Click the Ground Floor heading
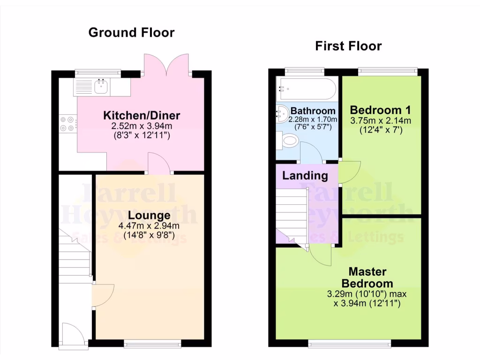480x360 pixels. point(131,32)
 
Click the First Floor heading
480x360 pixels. point(348,46)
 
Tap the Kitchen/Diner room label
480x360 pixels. point(142,115)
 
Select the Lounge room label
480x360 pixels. point(149,216)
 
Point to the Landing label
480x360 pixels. point(305,176)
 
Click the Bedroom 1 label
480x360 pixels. point(381,110)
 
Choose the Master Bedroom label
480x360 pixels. point(367,277)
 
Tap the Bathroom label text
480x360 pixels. point(313,111)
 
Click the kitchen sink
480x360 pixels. point(101,86)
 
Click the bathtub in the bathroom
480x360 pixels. point(305,88)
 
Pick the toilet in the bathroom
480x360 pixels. point(289,140)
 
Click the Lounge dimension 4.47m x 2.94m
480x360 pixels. point(149,227)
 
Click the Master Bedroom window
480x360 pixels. point(349,344)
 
